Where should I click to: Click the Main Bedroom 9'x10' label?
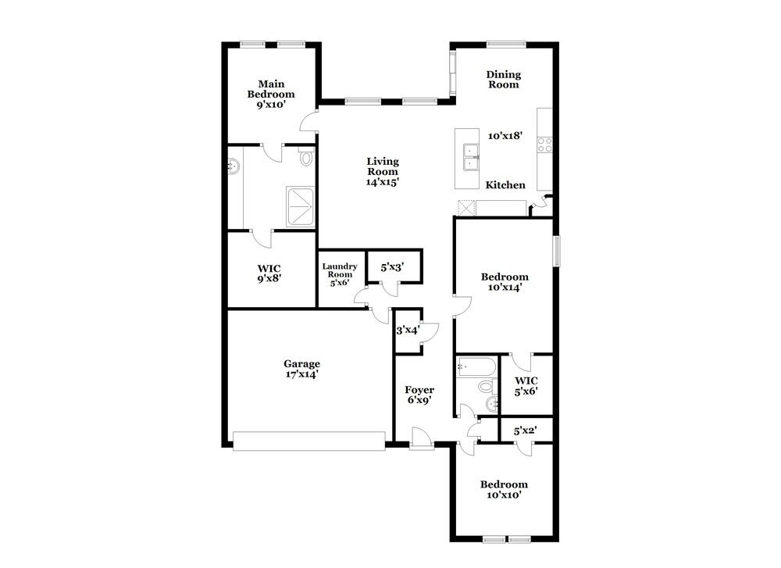271,94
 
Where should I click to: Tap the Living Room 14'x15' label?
383,171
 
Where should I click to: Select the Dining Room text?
503,80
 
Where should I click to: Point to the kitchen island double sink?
470,157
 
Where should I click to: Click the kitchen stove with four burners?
544,144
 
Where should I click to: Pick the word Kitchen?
505,185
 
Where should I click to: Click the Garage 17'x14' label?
301,369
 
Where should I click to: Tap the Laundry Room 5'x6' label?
340,274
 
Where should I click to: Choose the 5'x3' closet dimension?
392,267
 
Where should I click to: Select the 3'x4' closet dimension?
408,330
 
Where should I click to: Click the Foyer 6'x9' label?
419,395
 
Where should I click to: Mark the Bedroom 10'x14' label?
504,281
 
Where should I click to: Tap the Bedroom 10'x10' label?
504,489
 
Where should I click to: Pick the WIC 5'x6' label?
526,386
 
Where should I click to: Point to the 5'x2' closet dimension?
526,430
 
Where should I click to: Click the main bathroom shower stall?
301,206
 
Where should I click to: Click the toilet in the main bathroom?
305,158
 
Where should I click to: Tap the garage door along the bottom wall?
309,441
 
